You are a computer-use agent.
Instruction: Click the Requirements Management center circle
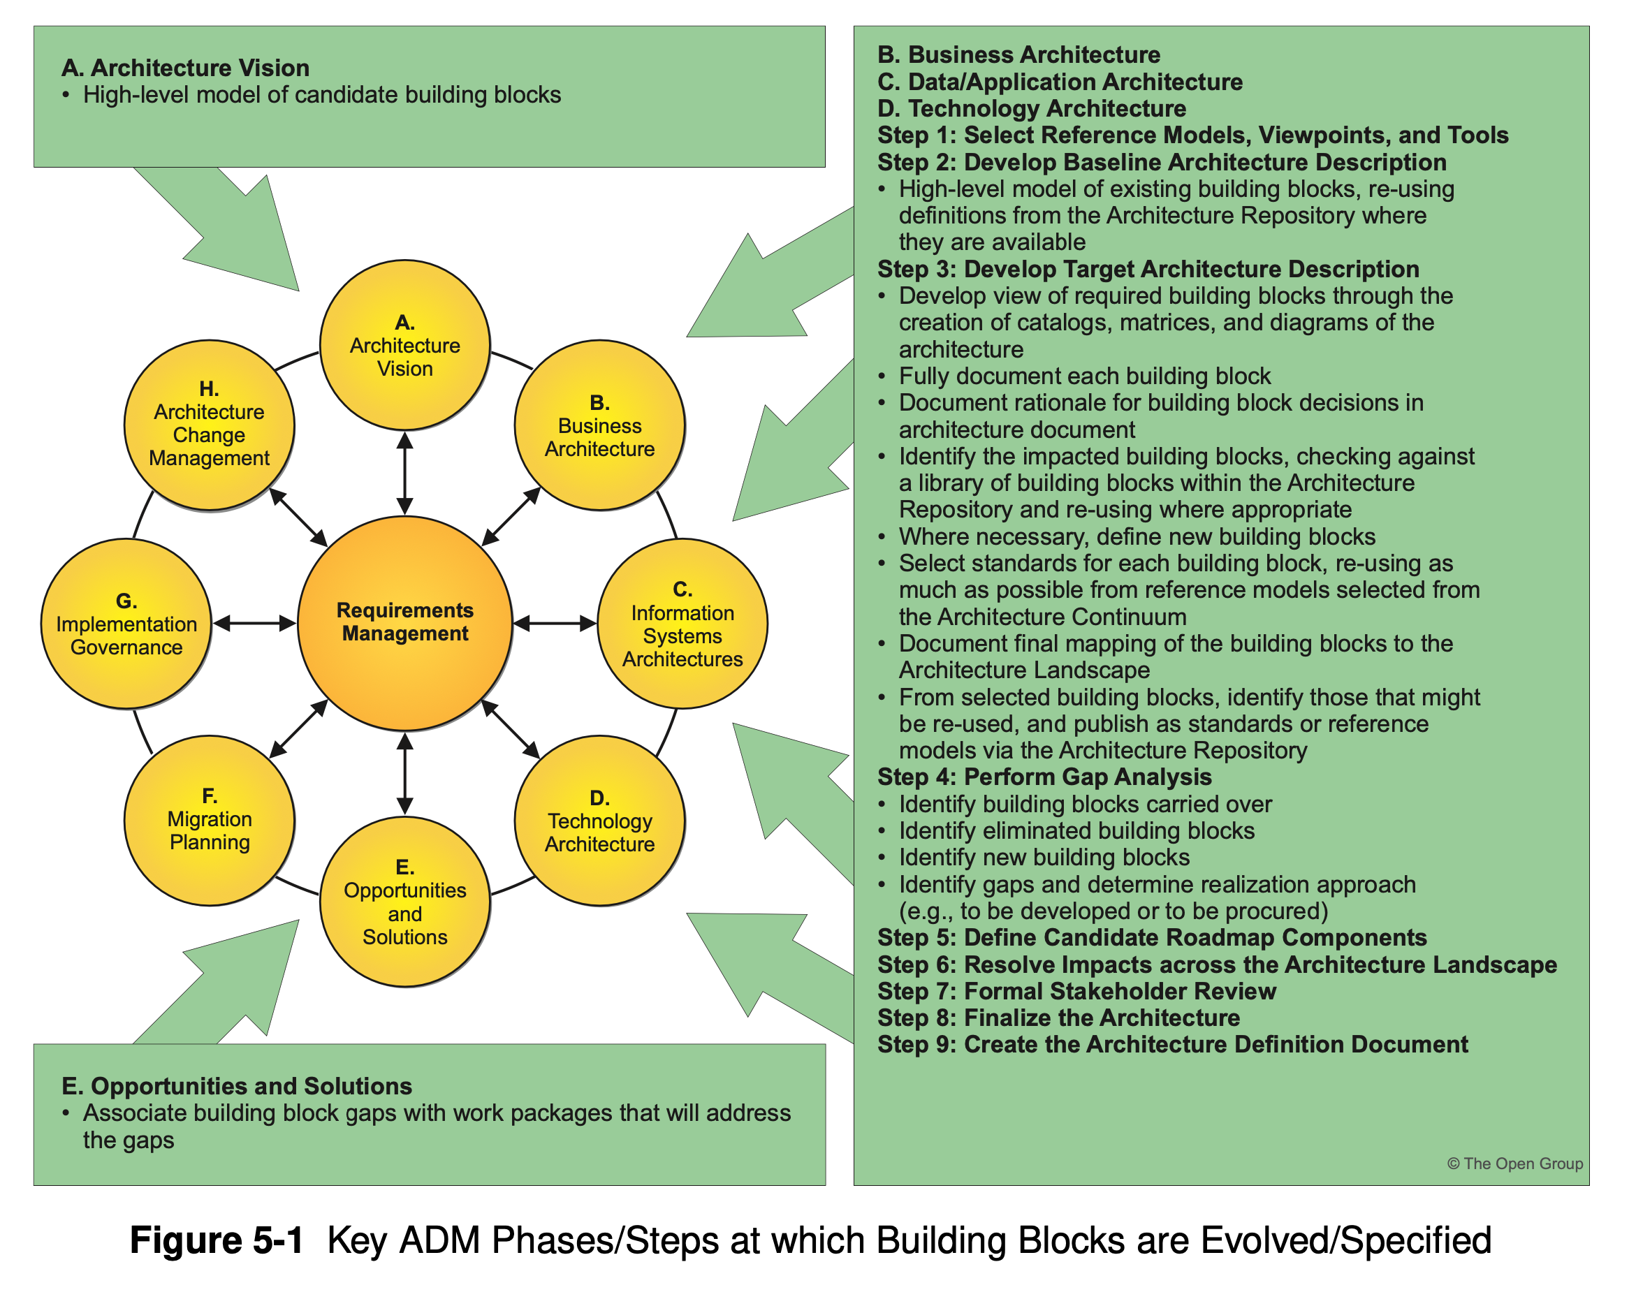[405, 623]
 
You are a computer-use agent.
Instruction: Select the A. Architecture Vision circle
[405, 345]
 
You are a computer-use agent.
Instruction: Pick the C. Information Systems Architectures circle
[682, 624]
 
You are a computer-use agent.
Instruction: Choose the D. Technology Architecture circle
[599, 821]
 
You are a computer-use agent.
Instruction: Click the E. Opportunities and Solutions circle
[405, 902]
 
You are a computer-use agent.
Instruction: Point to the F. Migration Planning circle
[210, 821]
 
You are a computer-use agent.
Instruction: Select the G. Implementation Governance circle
[126, 624]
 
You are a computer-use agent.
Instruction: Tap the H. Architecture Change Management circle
[210, 425]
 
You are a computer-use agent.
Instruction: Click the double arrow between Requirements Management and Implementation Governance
[254, 624]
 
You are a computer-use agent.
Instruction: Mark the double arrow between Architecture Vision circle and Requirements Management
[405, 473]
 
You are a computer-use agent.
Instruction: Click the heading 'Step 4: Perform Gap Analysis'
[1044, 777]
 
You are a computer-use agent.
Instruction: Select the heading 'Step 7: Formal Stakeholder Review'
[1076, 991]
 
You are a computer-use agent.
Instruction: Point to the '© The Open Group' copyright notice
[1514, 1164]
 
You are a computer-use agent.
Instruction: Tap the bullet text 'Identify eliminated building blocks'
[1076, 831]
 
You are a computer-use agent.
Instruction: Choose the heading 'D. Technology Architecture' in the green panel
[1031, 108]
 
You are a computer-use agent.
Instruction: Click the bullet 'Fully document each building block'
[1084, 376]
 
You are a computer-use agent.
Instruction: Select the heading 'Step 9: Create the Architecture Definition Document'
[1172, 1045]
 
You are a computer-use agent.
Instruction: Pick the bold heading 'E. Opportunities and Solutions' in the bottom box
[237, 1086]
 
